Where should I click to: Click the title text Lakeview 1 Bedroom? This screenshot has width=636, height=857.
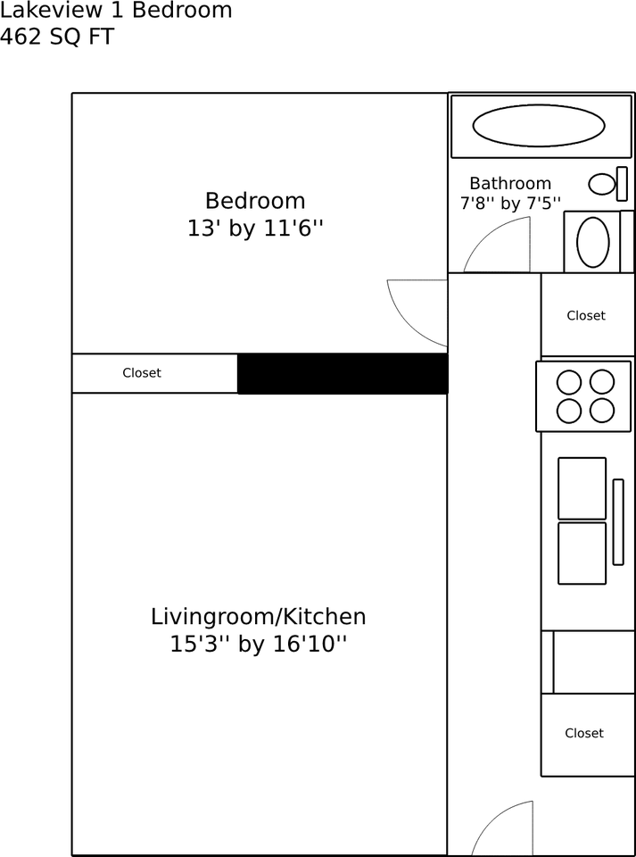[x=116, y=11]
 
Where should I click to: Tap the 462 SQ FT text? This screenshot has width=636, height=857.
[x=57, y=37]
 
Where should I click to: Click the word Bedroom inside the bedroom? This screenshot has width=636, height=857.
[x=255, y=201]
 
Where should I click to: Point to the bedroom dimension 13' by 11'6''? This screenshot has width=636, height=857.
[x=255, y=229]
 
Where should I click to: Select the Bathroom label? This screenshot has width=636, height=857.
[x=510, y=183]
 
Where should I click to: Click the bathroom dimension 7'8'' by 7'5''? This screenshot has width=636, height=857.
[x=510, y=204]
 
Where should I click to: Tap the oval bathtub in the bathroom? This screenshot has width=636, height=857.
[x=538, y=126]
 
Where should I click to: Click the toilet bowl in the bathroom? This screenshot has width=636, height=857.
[x=602, y=184]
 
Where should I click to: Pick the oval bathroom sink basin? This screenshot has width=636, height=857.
[x=593, y=242]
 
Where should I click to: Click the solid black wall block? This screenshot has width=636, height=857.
[x=343, y=373]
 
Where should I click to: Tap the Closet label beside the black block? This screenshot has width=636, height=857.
[x=142, y=373]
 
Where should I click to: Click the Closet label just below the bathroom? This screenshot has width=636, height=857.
[x=586, y=315]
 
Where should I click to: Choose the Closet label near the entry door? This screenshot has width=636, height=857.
[x=584, y=733]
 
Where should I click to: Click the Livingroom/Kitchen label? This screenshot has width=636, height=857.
[x=258, y=617]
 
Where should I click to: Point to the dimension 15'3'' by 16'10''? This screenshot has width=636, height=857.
[x=258, y=645]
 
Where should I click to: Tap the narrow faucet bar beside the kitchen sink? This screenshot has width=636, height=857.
[x=618, y=522]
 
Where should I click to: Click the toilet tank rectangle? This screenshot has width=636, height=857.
[x=622, y=184]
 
